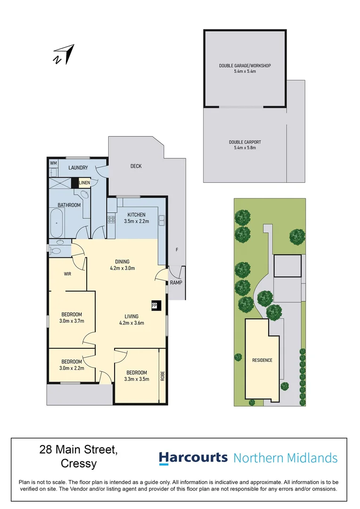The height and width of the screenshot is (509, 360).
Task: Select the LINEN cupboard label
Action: tap(84, 182)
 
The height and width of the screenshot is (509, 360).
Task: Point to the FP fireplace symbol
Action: tap(154, 305)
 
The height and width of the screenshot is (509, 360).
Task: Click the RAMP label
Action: tap(177, 283)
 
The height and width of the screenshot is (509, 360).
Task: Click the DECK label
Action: tap(136, 166)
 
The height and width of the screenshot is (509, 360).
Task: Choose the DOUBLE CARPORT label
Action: tap(245, 142)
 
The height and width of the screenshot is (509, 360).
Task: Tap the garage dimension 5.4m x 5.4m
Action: tap(245, 71)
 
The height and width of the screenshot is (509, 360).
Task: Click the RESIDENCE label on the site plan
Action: tap(262, 360)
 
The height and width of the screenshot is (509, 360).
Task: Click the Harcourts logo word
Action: tap(193, 458)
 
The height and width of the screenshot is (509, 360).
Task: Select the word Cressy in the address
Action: tap(79, 464)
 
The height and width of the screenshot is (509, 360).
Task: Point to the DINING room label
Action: tap(122, 262)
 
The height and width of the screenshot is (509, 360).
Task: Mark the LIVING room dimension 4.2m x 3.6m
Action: tap(131, 323)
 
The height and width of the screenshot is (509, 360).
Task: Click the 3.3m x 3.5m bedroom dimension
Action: tap(137, 378)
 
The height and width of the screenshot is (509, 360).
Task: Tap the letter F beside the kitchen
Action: tap(177, 249)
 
